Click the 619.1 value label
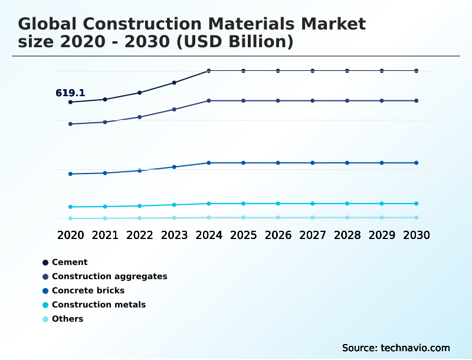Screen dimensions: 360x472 click(70, 93)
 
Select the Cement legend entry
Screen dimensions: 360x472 click(70, 262)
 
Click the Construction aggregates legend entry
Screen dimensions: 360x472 click(109, 276)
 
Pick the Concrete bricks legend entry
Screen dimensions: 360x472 click(88, 290)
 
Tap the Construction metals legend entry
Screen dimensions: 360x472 click(99, 305)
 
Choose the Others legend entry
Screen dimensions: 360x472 click(67, 319)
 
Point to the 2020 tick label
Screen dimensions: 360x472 click(70, 235)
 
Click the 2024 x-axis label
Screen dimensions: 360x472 click(209, 235)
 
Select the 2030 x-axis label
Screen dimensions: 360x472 click(417, 235)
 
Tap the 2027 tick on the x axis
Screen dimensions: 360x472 click(313, 235)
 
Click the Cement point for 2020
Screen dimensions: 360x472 click(70, 102)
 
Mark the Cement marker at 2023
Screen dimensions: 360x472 click(174, 83)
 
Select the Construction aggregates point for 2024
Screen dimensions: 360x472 click(209, 101)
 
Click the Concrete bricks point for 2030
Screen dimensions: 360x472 click(417, 163)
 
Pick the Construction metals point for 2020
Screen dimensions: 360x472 click(70, 207)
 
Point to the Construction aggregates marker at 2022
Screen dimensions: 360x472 click(140, 117)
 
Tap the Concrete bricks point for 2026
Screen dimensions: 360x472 click(278, 163)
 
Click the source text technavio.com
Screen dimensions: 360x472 click(414, 348)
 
